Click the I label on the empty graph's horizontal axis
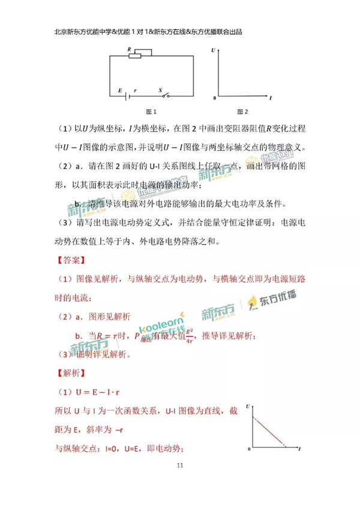click(271, 97)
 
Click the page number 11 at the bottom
click(180, 465)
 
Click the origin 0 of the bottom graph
click(249, 449)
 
